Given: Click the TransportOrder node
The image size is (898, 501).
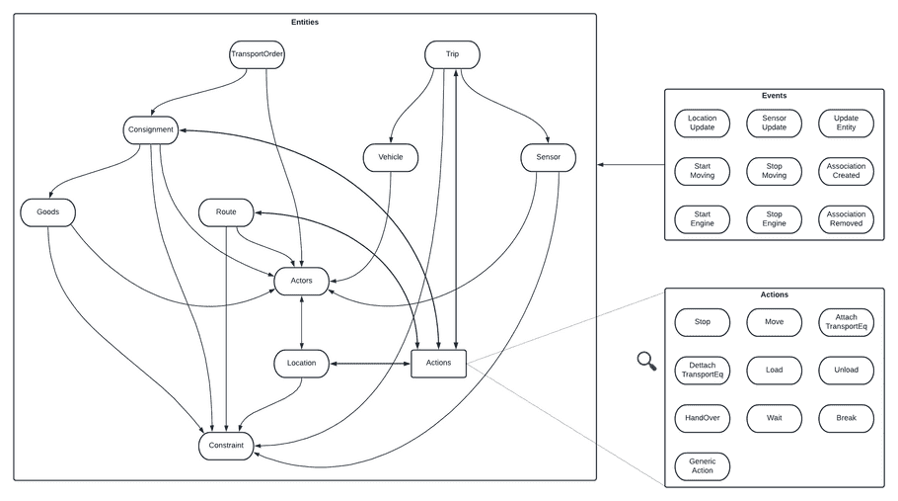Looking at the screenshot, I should click(x=257, y=53).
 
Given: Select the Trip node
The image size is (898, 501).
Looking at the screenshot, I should click(x=452, y=53).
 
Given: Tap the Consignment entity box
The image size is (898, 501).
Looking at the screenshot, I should click(x=151, y=129).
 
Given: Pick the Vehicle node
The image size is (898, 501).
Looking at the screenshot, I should click(x=391, y=156).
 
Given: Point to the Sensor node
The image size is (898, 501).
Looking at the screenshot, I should click(x=547, y=156).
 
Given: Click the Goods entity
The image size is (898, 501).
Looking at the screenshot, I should click(x=47, y=211).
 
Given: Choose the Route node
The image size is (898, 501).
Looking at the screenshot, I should click(x=226, y=211).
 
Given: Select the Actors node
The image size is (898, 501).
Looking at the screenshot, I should click(x=301, y=281).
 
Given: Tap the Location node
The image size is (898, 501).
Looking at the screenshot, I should click(x=301, y=363).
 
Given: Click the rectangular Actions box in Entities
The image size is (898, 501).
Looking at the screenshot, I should click(x=438, y=363).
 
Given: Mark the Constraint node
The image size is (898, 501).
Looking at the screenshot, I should click(x=226, y=446).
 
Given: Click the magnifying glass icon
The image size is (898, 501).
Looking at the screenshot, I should click(x=646, y=362).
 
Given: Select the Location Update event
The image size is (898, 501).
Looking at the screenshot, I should click(x=703, y=123).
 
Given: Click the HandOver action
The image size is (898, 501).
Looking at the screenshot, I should click(x=703, y=418).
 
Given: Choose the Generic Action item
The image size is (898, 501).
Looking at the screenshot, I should click(x=703, y=465).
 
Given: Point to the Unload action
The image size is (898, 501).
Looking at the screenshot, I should click(x=847, y=370).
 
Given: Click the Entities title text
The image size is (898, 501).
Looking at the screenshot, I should click(x=305, y=21).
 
